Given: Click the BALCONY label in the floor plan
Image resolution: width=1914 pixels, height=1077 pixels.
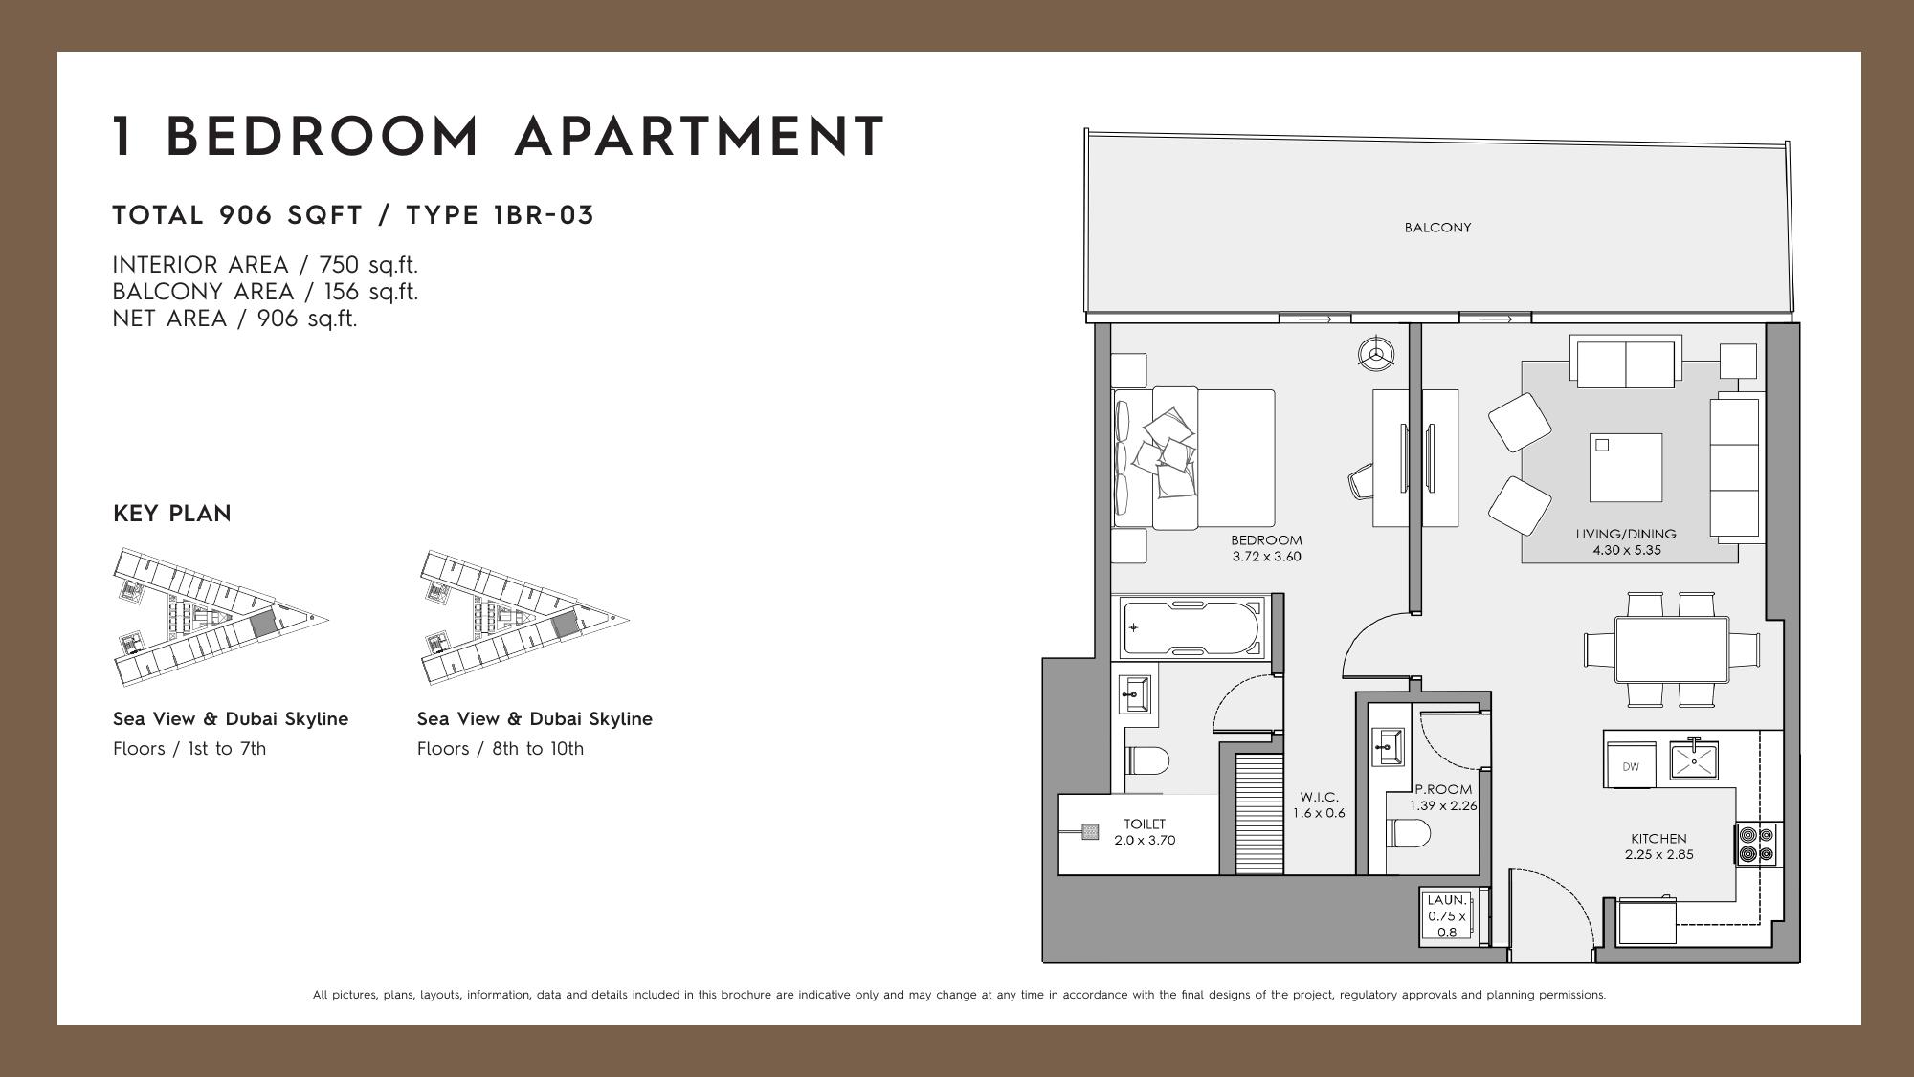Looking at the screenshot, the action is pos(1437,228).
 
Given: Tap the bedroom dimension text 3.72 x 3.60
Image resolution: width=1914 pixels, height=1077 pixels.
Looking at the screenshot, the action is pos(1266,557).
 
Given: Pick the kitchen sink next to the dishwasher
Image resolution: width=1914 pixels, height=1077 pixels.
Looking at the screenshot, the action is pos(1694,760).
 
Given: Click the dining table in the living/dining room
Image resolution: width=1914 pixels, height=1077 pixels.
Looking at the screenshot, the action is pos(1672,649).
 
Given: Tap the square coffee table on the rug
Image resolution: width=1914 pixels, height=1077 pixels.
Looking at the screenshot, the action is pos(1626,467).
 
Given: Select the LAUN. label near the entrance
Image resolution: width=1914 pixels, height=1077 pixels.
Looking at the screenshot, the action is pos(1446,900).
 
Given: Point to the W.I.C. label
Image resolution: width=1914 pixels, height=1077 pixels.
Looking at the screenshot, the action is pos(1320,797).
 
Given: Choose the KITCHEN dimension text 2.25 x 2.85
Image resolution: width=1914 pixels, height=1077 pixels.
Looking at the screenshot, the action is pos(1659,855).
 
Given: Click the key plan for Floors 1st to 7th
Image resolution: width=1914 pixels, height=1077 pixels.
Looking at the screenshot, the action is pos(221,617).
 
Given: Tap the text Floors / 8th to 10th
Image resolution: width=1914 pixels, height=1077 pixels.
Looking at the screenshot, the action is pos(501,749).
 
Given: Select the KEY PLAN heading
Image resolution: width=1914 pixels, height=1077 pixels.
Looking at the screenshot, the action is pos(172,514).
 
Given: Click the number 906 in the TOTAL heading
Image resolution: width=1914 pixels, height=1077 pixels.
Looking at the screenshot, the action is pos(246,215).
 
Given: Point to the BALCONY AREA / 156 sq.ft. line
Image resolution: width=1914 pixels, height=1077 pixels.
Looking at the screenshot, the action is pos(265,292).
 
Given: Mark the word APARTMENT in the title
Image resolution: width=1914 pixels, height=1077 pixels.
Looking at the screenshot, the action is pos(700,137).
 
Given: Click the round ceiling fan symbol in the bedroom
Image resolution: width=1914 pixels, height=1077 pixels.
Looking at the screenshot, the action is pos(1376,353).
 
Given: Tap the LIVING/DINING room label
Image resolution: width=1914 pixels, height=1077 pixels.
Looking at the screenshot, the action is pos(1626,534).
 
